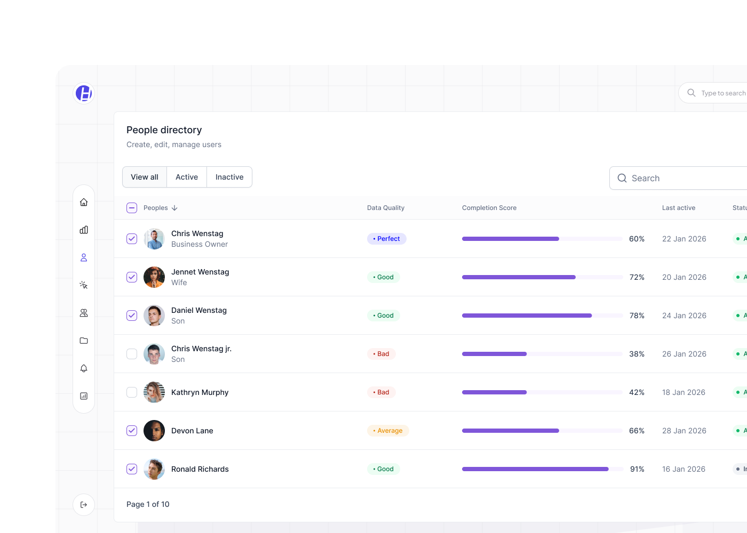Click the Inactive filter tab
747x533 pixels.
229,177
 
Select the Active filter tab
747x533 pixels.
187,177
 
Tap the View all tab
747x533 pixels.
145,177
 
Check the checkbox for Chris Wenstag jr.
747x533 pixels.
132,354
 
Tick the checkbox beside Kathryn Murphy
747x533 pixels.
132,392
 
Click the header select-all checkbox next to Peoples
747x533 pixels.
132,208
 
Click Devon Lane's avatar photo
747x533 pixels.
154,431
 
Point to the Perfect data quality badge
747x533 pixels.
387,239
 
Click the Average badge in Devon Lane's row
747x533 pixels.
388,431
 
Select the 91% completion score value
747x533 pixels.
637,469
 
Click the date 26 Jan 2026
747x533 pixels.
684,354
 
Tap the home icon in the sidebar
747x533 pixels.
84,202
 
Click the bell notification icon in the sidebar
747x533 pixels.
84,368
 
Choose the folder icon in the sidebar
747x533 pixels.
84,341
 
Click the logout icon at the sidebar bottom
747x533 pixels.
84,505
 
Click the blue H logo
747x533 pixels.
84,93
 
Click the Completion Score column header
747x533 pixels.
489,208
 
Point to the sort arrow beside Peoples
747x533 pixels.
174,208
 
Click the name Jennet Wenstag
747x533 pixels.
200,272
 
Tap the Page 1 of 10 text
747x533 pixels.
148,504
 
